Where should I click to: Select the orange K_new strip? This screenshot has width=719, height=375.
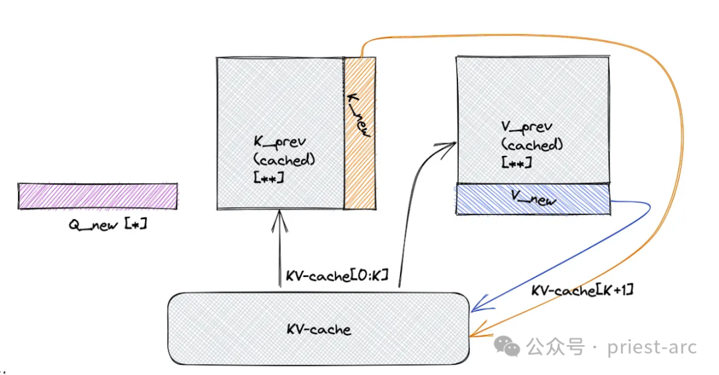coord(359,167)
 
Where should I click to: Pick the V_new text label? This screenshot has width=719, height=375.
coord(533,198)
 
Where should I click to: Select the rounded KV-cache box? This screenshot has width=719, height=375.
coord(318,328)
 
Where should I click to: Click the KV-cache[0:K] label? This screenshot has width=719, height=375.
coord(336,276)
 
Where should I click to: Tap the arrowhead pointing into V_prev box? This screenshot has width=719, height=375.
coord(450,145)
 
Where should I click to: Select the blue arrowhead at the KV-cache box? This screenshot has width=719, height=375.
coord(475,308)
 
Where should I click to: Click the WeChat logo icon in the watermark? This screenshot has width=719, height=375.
coord(510,346)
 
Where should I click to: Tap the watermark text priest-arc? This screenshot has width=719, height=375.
coord(652,346)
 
